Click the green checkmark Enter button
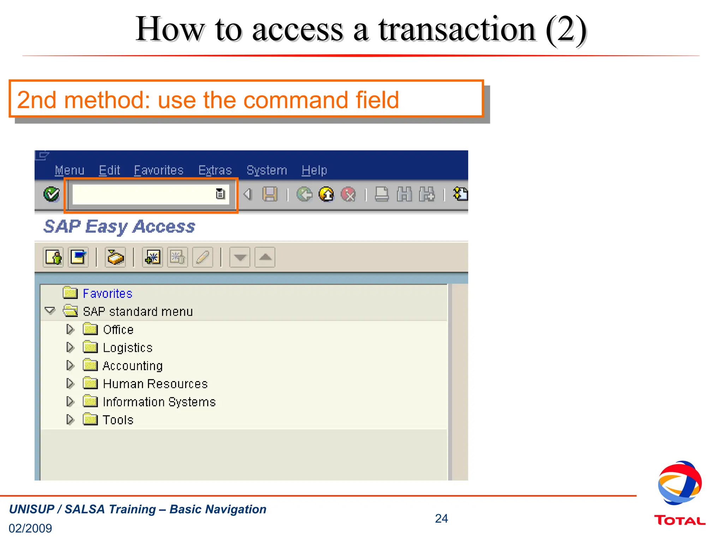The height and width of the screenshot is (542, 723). pos(52,194)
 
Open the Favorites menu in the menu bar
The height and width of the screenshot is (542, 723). pos(159,170)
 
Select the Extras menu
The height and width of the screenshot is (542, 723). pos(215,170)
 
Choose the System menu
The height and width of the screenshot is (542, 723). pos(267,170)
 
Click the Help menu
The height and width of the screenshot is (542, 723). pos(314,170)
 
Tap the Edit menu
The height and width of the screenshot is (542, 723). pos(109,170)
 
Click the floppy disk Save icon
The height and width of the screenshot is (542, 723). pos(270,194)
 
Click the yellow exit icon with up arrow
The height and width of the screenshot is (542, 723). pos(326,194)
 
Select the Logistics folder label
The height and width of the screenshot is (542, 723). pos(127,348)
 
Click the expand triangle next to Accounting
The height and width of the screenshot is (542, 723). pos(70,366)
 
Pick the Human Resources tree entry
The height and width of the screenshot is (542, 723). pos(155,384)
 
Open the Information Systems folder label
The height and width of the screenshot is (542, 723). pos(159,402)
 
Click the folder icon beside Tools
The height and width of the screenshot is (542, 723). pos(90,420)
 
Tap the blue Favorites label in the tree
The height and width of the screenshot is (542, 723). pos(107,294)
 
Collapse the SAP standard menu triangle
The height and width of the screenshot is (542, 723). pos(50,311)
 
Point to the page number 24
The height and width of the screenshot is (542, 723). pos(441,518)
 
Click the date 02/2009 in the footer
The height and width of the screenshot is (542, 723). pos(30,528)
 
